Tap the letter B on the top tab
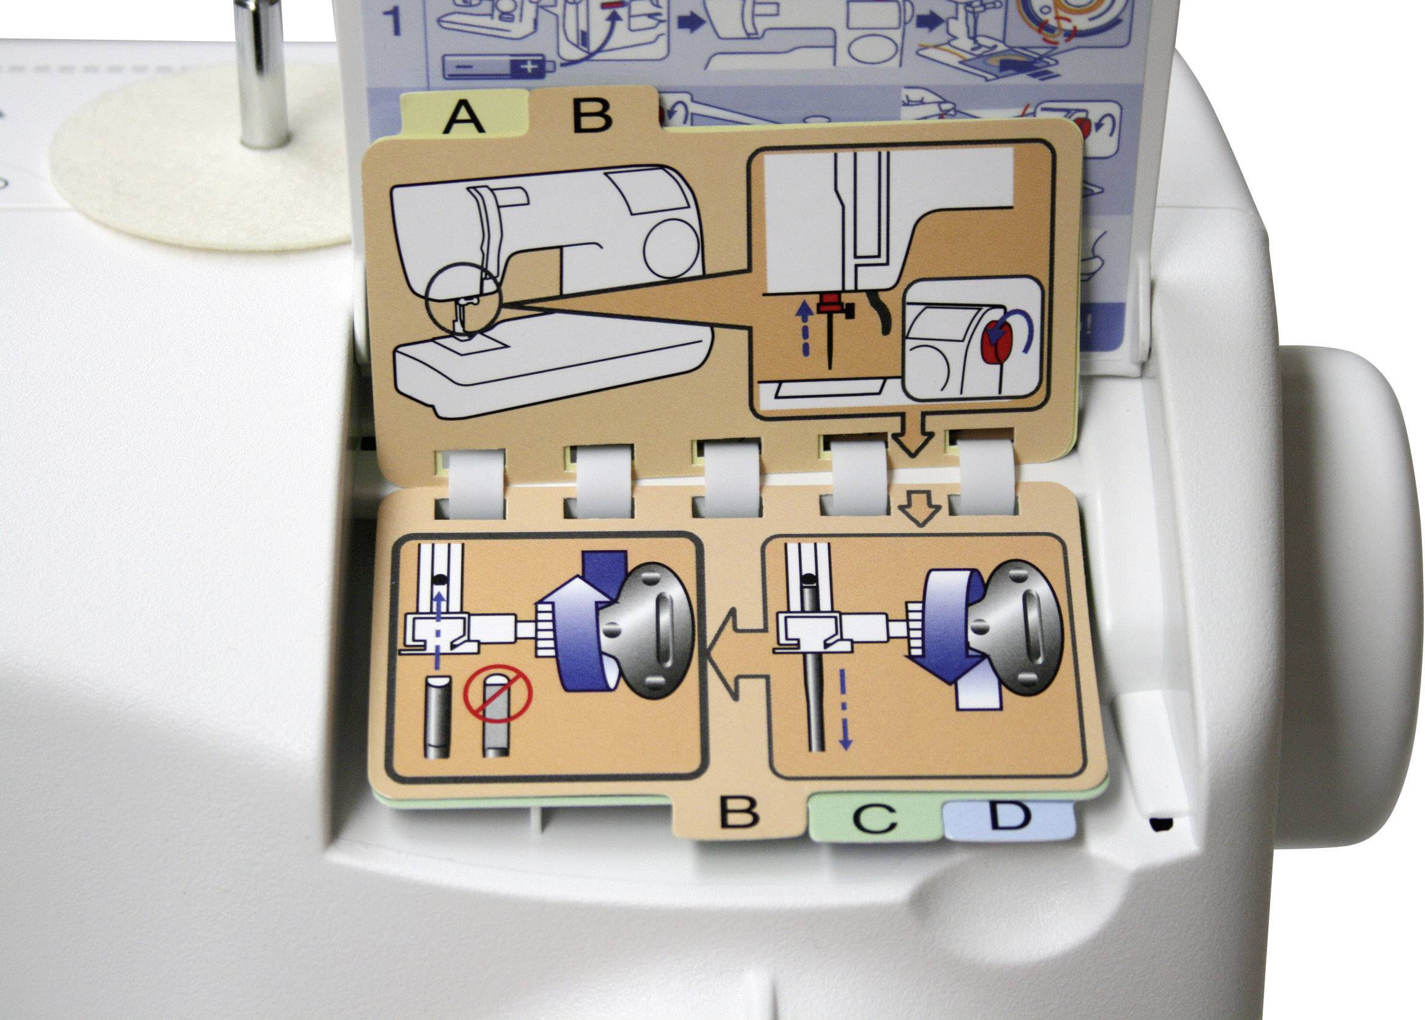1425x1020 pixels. (592, 114)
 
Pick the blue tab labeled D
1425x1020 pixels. (1009, 817)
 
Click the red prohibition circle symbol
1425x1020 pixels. (498, 693)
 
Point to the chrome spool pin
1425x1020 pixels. (261, 72)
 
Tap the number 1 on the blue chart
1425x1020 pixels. (393, 21)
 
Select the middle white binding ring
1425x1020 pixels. (727, 480)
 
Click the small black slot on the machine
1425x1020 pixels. (1160, 824)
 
